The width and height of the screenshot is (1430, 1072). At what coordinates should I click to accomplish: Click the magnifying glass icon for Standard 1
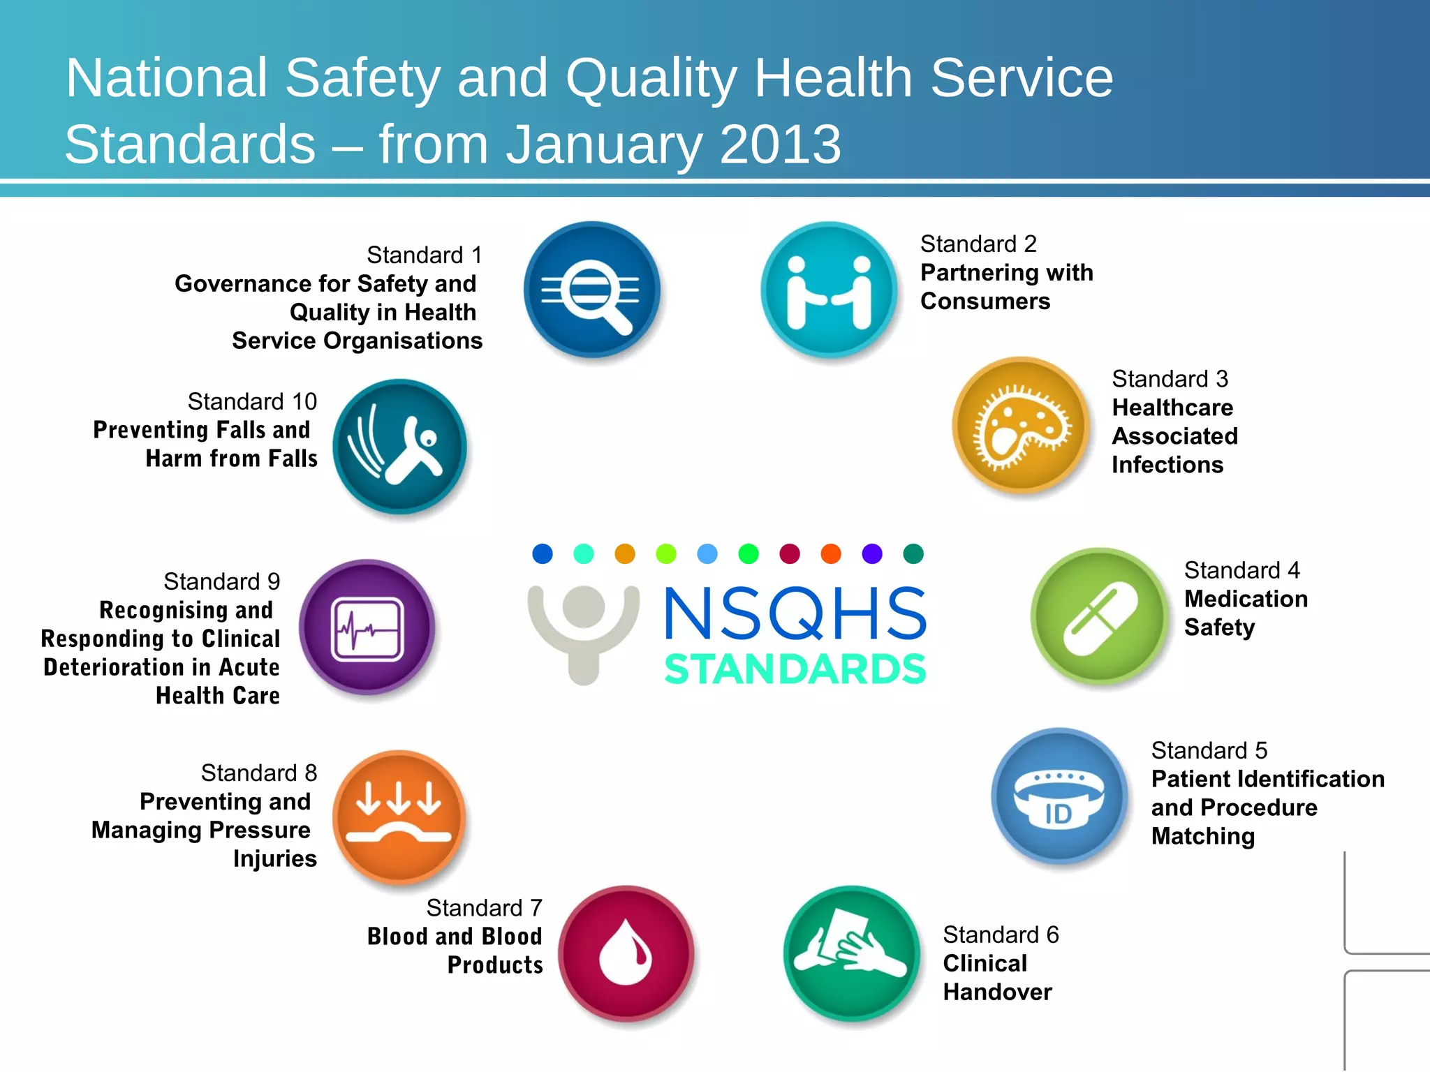(x=592, y=290)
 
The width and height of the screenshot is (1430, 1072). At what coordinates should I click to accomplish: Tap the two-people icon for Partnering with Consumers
(x=829, y=290)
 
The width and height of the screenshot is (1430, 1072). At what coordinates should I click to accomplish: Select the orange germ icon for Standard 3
(x=1022, y=425)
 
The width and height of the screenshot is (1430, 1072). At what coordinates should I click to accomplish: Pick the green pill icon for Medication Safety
(x=1100, y=617)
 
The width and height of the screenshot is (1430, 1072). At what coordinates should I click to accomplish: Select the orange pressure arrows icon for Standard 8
(x=399, y=817)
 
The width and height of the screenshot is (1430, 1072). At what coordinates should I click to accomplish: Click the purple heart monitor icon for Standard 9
(x=367, y=627)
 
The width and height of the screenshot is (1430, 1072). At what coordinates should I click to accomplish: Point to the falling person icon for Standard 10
(x=399, y=447)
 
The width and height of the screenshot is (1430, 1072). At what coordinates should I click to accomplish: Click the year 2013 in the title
(x=779, y=144)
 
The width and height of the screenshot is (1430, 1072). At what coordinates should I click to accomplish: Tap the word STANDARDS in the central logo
(x=795, y=669)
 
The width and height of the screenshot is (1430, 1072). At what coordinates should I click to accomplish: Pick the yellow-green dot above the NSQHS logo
(x=666, y=554)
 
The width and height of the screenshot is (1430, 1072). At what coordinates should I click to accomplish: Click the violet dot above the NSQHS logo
(x=872, y=554)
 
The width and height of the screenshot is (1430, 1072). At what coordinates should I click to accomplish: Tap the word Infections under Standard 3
(x=1167, y=465)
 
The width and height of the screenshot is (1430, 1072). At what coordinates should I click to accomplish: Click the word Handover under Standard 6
(x=997, y=992)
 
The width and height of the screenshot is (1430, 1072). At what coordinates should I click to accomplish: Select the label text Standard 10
(x=252, y=401)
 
